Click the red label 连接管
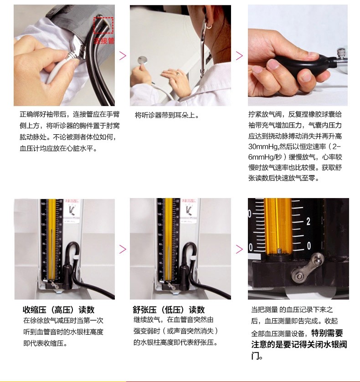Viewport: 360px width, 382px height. pyautogui.click(x=104, y=41)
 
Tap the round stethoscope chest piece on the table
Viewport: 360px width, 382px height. pyautogui.click(x=143, y=60)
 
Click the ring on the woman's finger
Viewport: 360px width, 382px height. pyautogui.click(x=178, y=73)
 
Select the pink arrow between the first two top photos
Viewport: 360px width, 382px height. pyautogui.click(x=123, y=56)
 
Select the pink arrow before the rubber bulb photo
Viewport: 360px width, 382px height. pyautogui.click(x=240, y=56)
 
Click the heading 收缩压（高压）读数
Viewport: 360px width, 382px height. pyautogui.click(x=58, y=310)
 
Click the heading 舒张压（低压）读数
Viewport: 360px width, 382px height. pyautogui.click(x=169, y=310)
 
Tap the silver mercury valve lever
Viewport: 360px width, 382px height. pyautogui.click(x=307, y=268)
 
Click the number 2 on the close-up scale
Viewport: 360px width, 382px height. pyautogui.click(x=309, y=221)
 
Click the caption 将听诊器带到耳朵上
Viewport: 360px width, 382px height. pyautogui.click(x=167, y=115)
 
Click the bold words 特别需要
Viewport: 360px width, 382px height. pyautogui.click(x=327, y=333)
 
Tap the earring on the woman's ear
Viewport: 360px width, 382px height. pyautogui.click(x=209, y=26)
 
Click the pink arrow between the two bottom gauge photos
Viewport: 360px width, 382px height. pyautogui.click(x=123, y=249)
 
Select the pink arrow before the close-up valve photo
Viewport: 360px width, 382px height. pyautogui.click(x=240, y=249)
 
